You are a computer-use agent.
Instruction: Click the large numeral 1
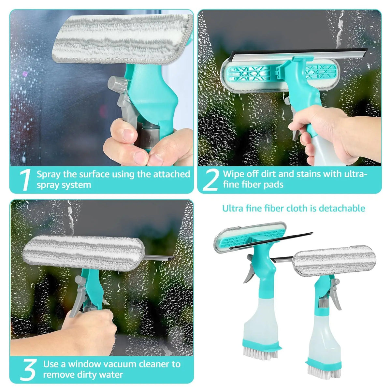point(25,180)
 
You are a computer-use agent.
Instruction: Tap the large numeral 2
point(210,180)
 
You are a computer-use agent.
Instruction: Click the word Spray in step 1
point(49,174)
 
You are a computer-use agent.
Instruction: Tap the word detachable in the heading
point(342,208)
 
